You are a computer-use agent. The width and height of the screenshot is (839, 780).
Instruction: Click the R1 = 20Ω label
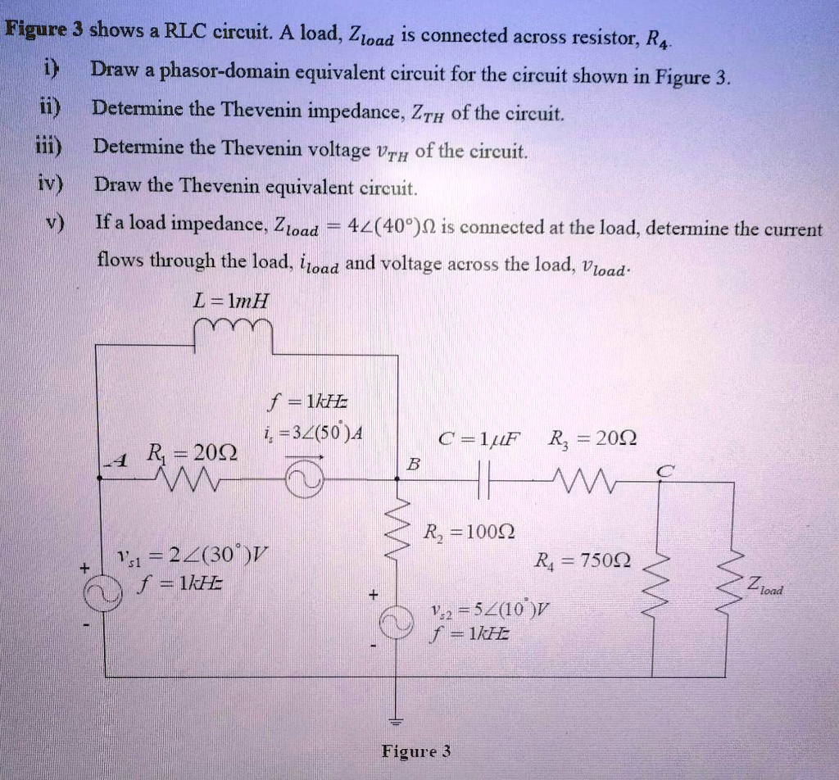(x=190, y=452)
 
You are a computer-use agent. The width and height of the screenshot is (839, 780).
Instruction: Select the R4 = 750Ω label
(x=582, y=562)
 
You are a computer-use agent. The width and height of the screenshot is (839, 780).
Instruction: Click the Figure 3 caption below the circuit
(x=416, y=751)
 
